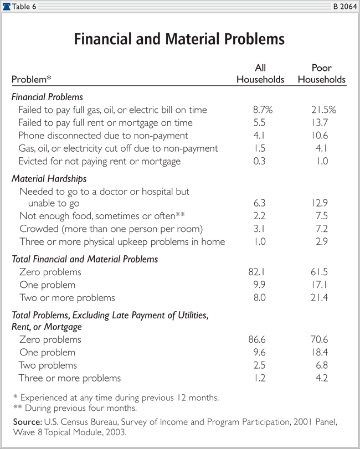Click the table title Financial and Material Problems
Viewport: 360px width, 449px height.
[179, 40]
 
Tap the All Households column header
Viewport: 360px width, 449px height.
[260, 74]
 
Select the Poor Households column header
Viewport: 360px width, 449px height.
[321, 74]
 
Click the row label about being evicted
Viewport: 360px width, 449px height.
[99, 161]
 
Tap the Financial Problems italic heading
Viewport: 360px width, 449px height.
[47, 97]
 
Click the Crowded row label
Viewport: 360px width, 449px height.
[110, 229]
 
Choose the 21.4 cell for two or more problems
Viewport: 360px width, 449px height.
[323, 297]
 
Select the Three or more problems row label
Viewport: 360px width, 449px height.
[69, 378]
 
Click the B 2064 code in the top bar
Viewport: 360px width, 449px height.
[344, 6]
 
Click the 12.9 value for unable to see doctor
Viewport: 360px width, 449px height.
[323, 204]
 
